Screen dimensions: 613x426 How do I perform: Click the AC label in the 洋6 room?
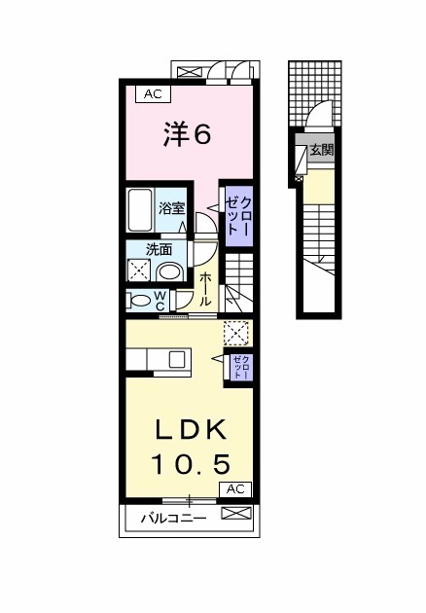152,94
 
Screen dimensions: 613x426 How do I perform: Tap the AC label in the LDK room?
235,489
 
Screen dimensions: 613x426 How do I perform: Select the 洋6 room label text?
186,134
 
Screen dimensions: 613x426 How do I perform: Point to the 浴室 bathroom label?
172,207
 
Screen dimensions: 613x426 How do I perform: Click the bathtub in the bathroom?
139,207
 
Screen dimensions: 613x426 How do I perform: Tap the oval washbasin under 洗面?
171,271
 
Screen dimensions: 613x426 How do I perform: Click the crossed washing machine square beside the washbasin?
139,271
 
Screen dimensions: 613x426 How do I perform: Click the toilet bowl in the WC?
137,301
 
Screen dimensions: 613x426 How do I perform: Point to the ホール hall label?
206,289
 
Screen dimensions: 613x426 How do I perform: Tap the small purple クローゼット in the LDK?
240,367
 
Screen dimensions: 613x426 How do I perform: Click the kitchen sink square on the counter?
178,359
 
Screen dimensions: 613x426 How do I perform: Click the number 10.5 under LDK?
190,462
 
